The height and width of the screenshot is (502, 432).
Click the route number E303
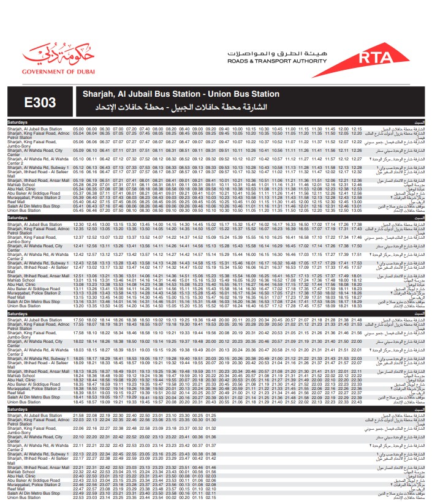point(41,102)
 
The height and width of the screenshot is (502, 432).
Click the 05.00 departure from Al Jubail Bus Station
point(78,129)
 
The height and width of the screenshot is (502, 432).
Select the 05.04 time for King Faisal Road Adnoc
point(78,133)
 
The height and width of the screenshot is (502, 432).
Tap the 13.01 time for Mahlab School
point(78,280)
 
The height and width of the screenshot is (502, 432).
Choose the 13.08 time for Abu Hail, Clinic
point(78,284)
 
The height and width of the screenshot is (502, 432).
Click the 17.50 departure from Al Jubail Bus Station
point(78,320)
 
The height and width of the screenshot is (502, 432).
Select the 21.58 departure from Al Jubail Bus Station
point(78,416)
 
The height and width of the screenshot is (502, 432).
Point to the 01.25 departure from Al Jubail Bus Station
point(211,416)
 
